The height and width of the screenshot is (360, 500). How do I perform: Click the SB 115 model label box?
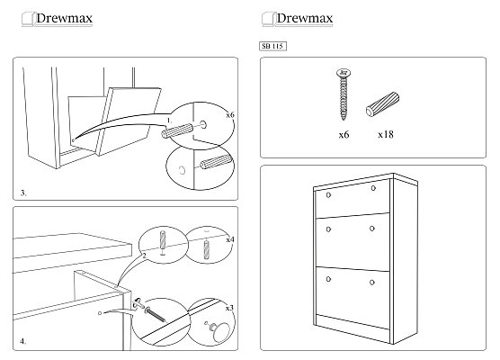pos(272,46)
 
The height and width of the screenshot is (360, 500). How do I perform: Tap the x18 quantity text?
pos(386,134)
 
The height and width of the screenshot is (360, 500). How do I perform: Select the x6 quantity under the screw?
pos(344,135)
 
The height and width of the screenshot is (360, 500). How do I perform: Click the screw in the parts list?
pos(344,94)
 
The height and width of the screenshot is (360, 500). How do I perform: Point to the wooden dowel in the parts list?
pos(383,104)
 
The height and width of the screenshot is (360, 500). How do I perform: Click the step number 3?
pos(23,193)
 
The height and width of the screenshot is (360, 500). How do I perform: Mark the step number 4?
pos(23,341)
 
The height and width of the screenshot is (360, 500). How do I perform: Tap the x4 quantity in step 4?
pos(230,239)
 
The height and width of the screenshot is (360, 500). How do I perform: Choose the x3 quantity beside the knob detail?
pos(229,308)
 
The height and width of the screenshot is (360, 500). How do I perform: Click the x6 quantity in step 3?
pos(230,114)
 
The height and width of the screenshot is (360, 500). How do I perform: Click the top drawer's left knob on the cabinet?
pos(328,194)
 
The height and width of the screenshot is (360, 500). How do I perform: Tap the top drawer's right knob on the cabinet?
pos(373,188)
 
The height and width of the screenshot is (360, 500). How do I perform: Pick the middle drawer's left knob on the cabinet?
pos(328,229)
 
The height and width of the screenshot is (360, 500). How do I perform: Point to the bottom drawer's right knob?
pos(372,283)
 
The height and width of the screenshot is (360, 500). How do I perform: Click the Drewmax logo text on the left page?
pos(65,18)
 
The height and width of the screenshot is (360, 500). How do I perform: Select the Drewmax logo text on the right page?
pos(305,18)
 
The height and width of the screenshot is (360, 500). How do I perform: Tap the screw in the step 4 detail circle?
pos(156,314)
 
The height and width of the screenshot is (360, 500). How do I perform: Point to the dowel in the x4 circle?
pos(207,250)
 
